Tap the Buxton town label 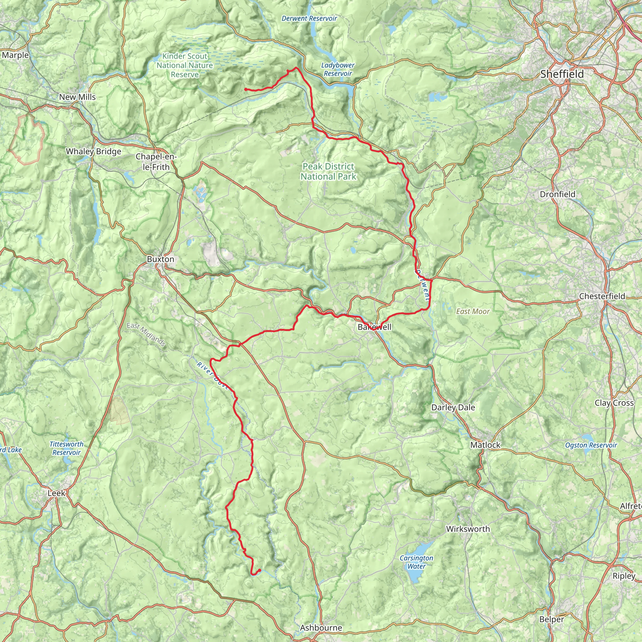pyautogui.click(x=160, y=259)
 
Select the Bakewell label pyautogui.click(x=374, y=327)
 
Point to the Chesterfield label pyautogui.click(x=602, y=296)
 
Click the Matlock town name pyautogui.click(x=485, y=445)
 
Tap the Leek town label pyautogui.click(x=56, y=493)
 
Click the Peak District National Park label pyautogui.click(x=328, y=171)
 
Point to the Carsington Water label pyautogui.click(x=416, y=562)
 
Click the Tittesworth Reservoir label pyautogui.click(x=66, y=448)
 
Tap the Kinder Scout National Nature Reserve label pyautogui.click(x=185, y=66)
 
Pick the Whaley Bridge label pyautogui.click(x=93, y=151)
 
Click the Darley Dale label pyautogui.click(x=453, y=408)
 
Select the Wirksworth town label pyautogui.click(x=468, y=529)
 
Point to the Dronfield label pyautogui.click(x=558, y=194)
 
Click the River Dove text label pyautogui.click(x=213, y=376)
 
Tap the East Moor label pyautogui.click(x=473, y=311)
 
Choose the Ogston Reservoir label pyautogui.click(x=591, y=445)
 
